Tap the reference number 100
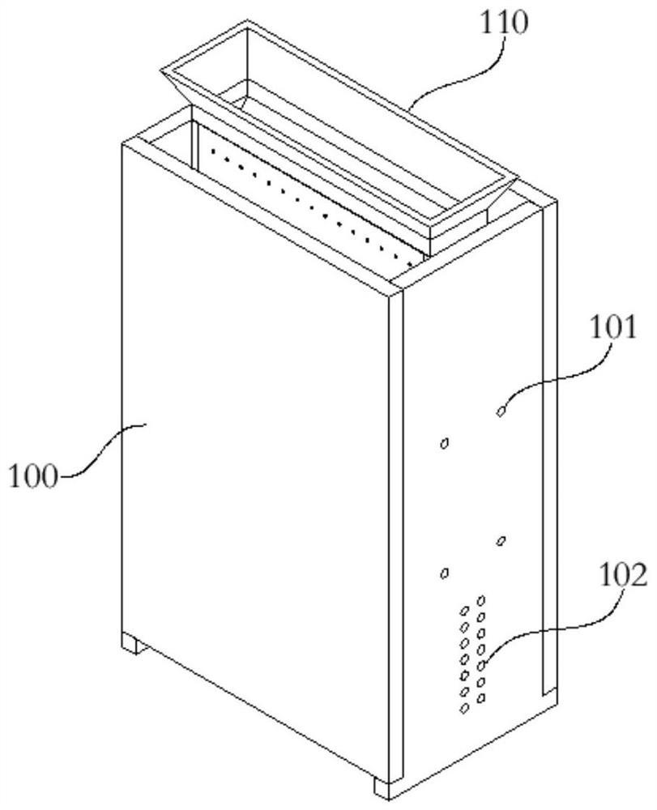(34, 475)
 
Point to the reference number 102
(623, 577)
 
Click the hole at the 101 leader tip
(501, 411)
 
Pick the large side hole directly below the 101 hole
(501, 540)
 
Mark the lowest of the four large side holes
(443, 573)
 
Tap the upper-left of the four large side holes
(443, 443)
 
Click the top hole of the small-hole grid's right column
(481, 600)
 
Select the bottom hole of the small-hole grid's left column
(464, 708)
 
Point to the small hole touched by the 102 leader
(481, 665)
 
